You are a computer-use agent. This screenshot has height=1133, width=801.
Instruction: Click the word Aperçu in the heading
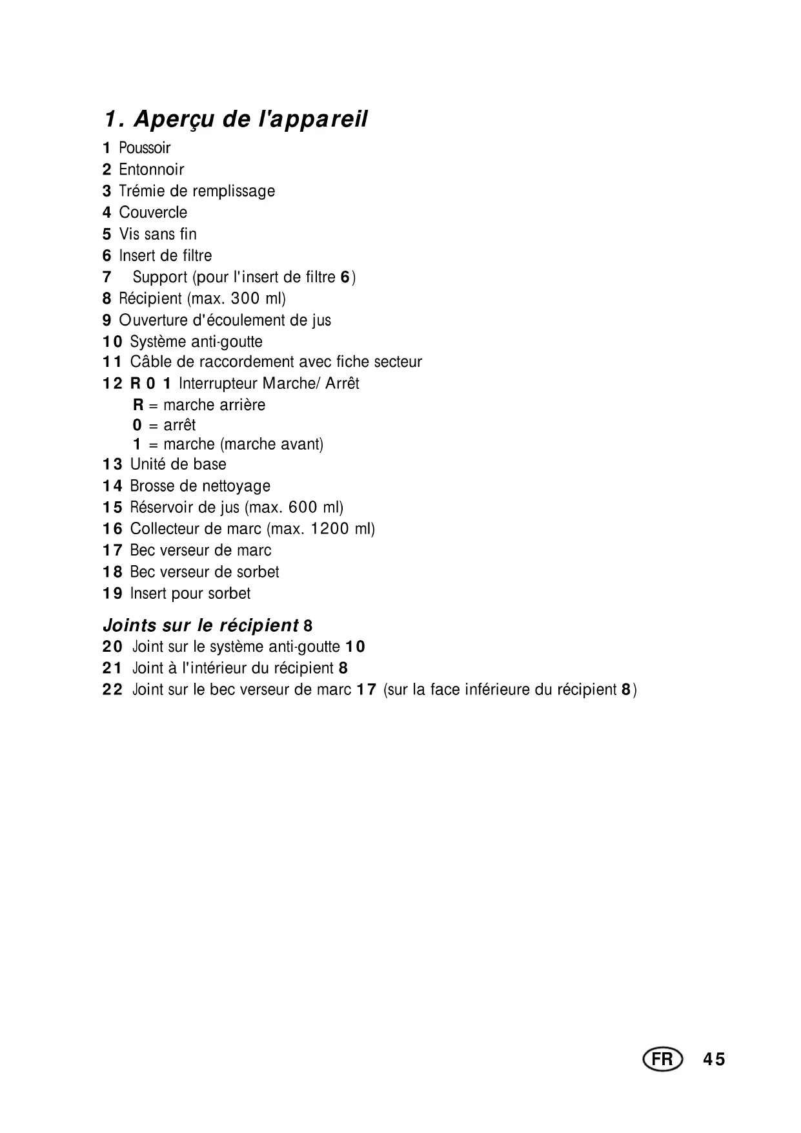174,120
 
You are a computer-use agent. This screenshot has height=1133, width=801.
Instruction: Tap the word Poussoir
145,148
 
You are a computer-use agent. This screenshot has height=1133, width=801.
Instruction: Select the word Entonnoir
152,170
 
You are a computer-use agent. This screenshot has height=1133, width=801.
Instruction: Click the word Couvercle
153,213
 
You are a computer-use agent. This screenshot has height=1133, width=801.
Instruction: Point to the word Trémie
139,191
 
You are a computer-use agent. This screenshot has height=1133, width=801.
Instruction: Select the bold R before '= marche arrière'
138,405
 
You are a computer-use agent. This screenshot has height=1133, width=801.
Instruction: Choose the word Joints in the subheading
130,625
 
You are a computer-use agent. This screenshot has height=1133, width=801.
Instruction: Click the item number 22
112,690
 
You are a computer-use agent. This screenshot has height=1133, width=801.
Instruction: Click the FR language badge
662,1059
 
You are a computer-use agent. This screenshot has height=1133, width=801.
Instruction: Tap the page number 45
714,1059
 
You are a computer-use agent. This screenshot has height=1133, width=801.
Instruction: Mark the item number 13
112,464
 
